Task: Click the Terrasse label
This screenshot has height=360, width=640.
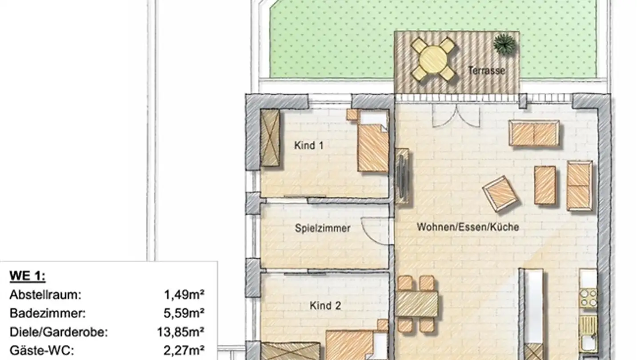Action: [487, 70]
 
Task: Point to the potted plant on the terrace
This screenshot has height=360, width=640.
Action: [505, 44]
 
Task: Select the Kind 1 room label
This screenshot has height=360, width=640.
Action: [308, 145]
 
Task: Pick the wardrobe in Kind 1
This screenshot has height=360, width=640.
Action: [270, 138]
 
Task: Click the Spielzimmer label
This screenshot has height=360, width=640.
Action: [323, 228]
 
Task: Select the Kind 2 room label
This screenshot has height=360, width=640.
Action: [326, 306]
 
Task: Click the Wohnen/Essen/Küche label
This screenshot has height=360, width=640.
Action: [468, 227]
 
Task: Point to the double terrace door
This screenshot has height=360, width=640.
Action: [456, 116]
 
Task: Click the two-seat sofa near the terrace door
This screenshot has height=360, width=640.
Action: [534, 133]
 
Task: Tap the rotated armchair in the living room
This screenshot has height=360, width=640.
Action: [500, 193]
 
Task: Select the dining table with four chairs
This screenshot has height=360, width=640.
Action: [416, 304]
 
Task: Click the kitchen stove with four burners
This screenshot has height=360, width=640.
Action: [588, 298]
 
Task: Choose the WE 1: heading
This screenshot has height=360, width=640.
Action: [28, 276]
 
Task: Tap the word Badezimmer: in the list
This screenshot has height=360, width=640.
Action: [47, 313]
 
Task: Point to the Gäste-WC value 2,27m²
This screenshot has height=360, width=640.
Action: [184, 350]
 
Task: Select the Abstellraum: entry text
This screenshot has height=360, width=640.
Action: [46, 294]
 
